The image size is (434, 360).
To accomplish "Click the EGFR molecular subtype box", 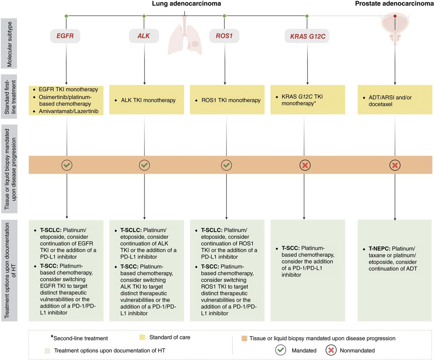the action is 65,36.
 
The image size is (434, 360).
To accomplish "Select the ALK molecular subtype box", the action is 144,36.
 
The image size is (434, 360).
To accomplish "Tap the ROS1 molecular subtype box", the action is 224,36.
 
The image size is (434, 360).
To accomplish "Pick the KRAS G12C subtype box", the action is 307,36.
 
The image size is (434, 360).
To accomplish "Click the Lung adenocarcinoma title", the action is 187,4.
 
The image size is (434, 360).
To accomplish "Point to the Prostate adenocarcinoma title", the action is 394,4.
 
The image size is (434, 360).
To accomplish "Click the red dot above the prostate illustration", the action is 395,16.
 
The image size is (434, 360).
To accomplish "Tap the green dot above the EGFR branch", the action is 66,16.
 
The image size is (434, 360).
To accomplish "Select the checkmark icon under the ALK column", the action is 144,165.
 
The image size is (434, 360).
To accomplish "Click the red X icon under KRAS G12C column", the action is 305,165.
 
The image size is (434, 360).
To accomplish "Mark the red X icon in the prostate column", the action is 395,165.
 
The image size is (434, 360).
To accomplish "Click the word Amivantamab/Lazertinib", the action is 69,111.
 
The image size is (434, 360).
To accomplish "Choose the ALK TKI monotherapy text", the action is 148,100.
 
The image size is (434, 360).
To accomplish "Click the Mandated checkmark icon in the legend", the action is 281,350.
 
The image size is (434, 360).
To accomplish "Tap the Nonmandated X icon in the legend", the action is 331,350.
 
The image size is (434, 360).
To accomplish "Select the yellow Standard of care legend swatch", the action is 142,337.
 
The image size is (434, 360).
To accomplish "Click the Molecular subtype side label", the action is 9,44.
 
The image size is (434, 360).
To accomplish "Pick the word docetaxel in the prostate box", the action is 380,104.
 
